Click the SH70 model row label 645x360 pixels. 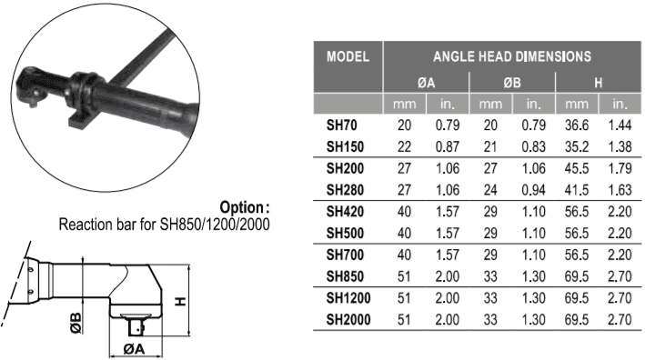point(341,125)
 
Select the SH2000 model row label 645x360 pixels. point(348,319)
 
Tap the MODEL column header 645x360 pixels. point(348,56)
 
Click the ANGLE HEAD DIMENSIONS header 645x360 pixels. point(511,56)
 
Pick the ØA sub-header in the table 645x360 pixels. point(426,83)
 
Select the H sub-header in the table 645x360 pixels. point(598,83)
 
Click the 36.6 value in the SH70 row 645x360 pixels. point(576,125)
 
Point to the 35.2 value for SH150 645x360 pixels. point(576,146)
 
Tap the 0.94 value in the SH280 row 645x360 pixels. point(533,190)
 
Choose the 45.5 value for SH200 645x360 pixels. point(576,168)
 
